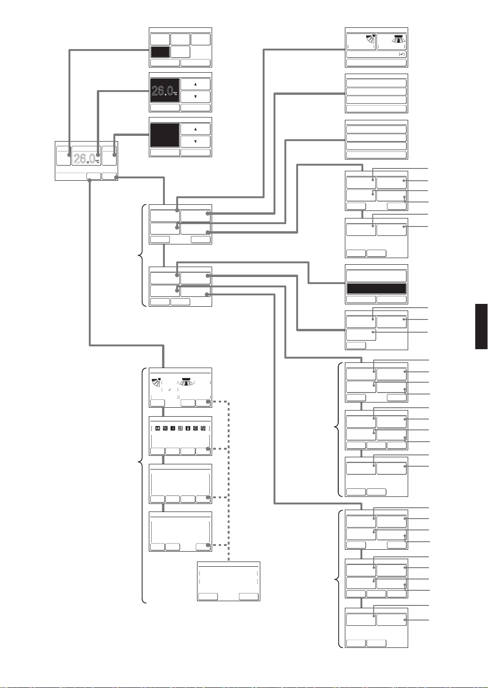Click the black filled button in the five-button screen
point(160,52)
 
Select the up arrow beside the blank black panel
point(196,129)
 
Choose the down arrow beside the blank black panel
point(196,142)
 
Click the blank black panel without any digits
point(165,135)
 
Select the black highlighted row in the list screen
point(377,289)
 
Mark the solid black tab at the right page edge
point(481,327)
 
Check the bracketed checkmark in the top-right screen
point(402,54)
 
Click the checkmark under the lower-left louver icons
point(170,390)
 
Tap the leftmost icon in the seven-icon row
point(158,428)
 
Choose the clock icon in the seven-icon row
point(195,428)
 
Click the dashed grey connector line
point(229,481)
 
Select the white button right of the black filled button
point(180,52)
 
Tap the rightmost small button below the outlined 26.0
point(110,176)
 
